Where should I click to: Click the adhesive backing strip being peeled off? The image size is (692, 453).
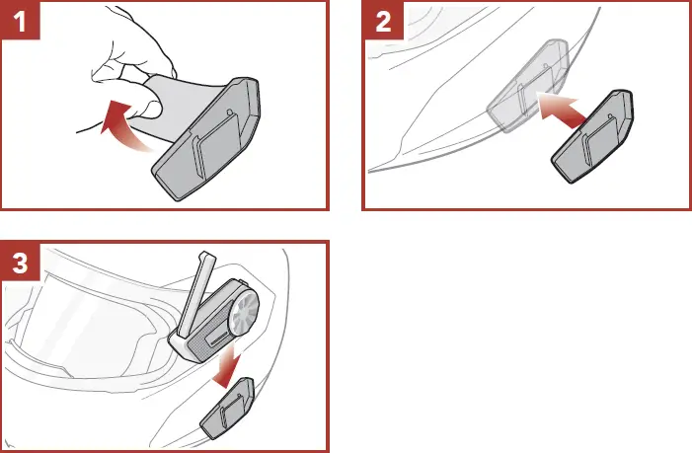coord(178,109)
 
